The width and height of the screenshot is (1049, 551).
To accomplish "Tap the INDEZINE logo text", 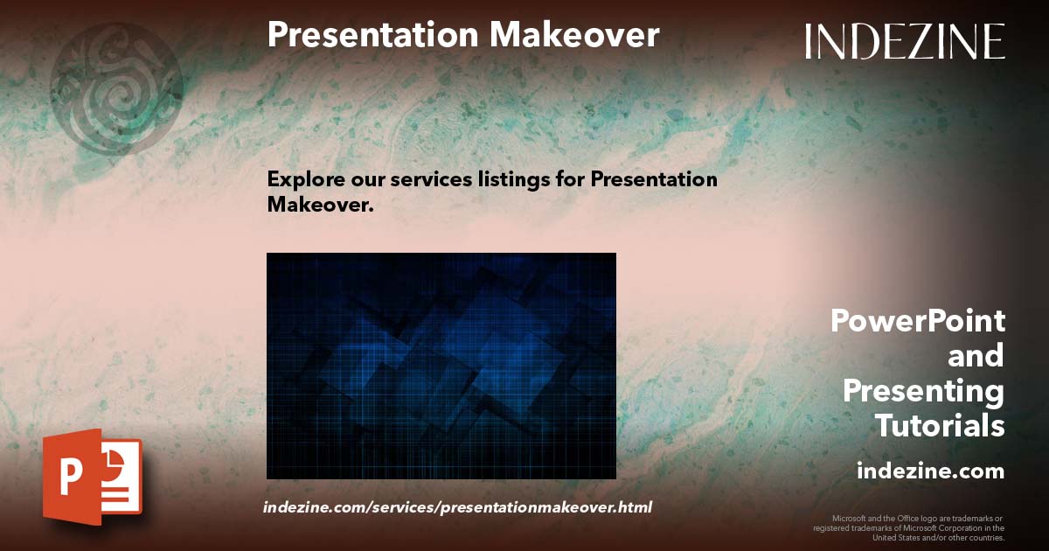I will click(x=905, y=41).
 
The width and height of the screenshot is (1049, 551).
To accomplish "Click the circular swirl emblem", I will click(x=115, y=87).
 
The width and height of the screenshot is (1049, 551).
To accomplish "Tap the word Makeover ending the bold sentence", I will click(x=320, y=205).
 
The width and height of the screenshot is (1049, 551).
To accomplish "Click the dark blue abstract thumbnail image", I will click(x=441, y=366).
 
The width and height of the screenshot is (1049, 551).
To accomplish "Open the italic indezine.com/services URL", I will click(x=457, y=507).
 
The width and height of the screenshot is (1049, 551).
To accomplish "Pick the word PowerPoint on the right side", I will click(x=917, y=321).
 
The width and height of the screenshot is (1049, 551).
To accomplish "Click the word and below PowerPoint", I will click(x=976, y=356).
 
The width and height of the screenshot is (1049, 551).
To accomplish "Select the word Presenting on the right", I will click(x=923, y=391).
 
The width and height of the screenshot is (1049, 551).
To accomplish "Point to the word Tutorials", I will click(x=940, y=426).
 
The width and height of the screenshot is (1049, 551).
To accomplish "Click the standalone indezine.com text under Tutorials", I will click(x=930, y=471).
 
